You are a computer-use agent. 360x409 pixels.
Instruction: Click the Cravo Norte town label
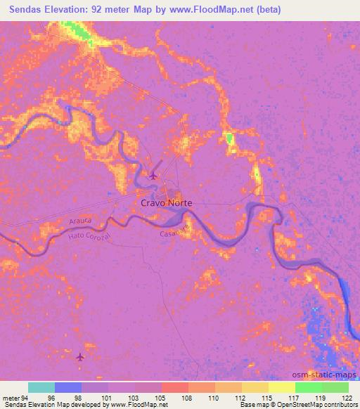click(x=167, y=202)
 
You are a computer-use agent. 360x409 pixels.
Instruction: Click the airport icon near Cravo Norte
click(x=155, y=175)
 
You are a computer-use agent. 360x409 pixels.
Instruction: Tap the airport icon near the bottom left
click(x=79, y=358)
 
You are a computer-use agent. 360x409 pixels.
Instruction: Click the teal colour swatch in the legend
click(x=41, y=387)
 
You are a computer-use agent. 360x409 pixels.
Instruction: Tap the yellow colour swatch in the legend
click(x=281, y=387)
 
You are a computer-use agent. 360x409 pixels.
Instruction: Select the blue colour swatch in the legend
click(x=68, y=387)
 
